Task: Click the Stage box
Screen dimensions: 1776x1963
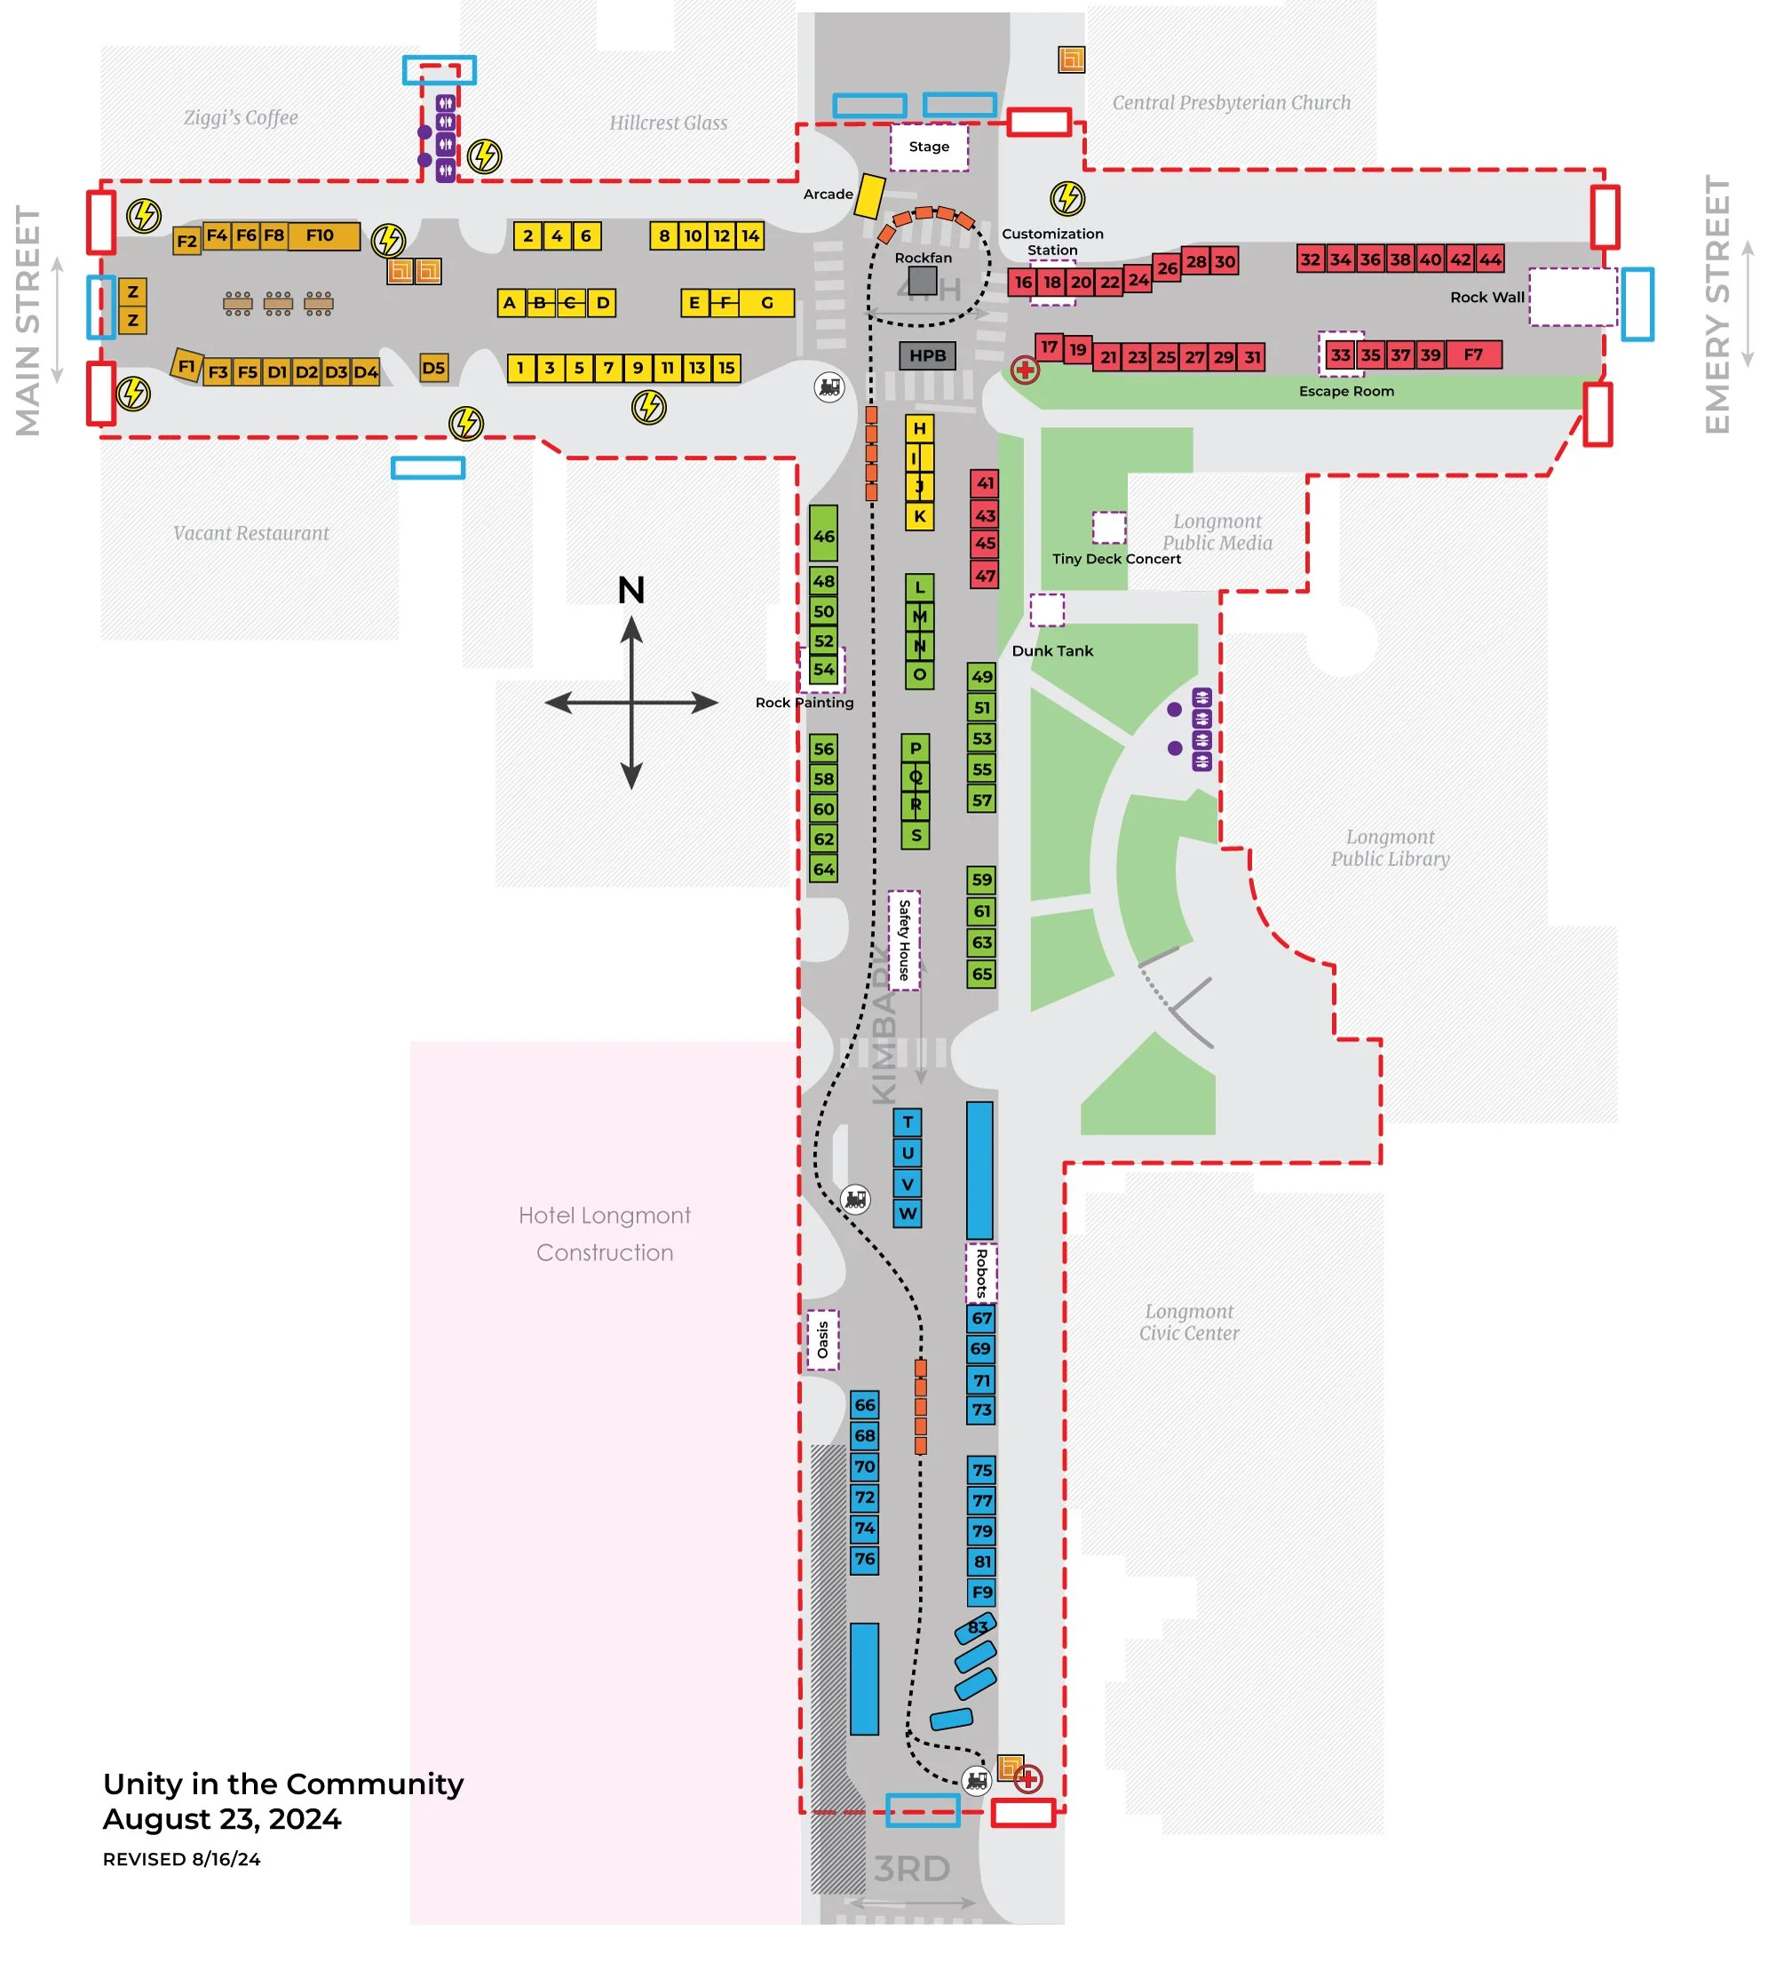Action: [928, 147]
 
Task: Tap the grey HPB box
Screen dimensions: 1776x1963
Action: [927, 355]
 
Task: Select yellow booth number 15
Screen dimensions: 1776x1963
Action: [726, 368]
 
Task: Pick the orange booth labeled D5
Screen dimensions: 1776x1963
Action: [433, 368]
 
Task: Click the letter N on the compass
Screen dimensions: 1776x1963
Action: [631, 590]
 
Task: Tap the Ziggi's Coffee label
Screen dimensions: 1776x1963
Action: [241, 118]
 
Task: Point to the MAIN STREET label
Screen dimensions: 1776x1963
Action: [28, 321]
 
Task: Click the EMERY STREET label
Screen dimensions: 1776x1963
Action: [1717, 305]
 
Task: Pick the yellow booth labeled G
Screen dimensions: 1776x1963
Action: [766, 303]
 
